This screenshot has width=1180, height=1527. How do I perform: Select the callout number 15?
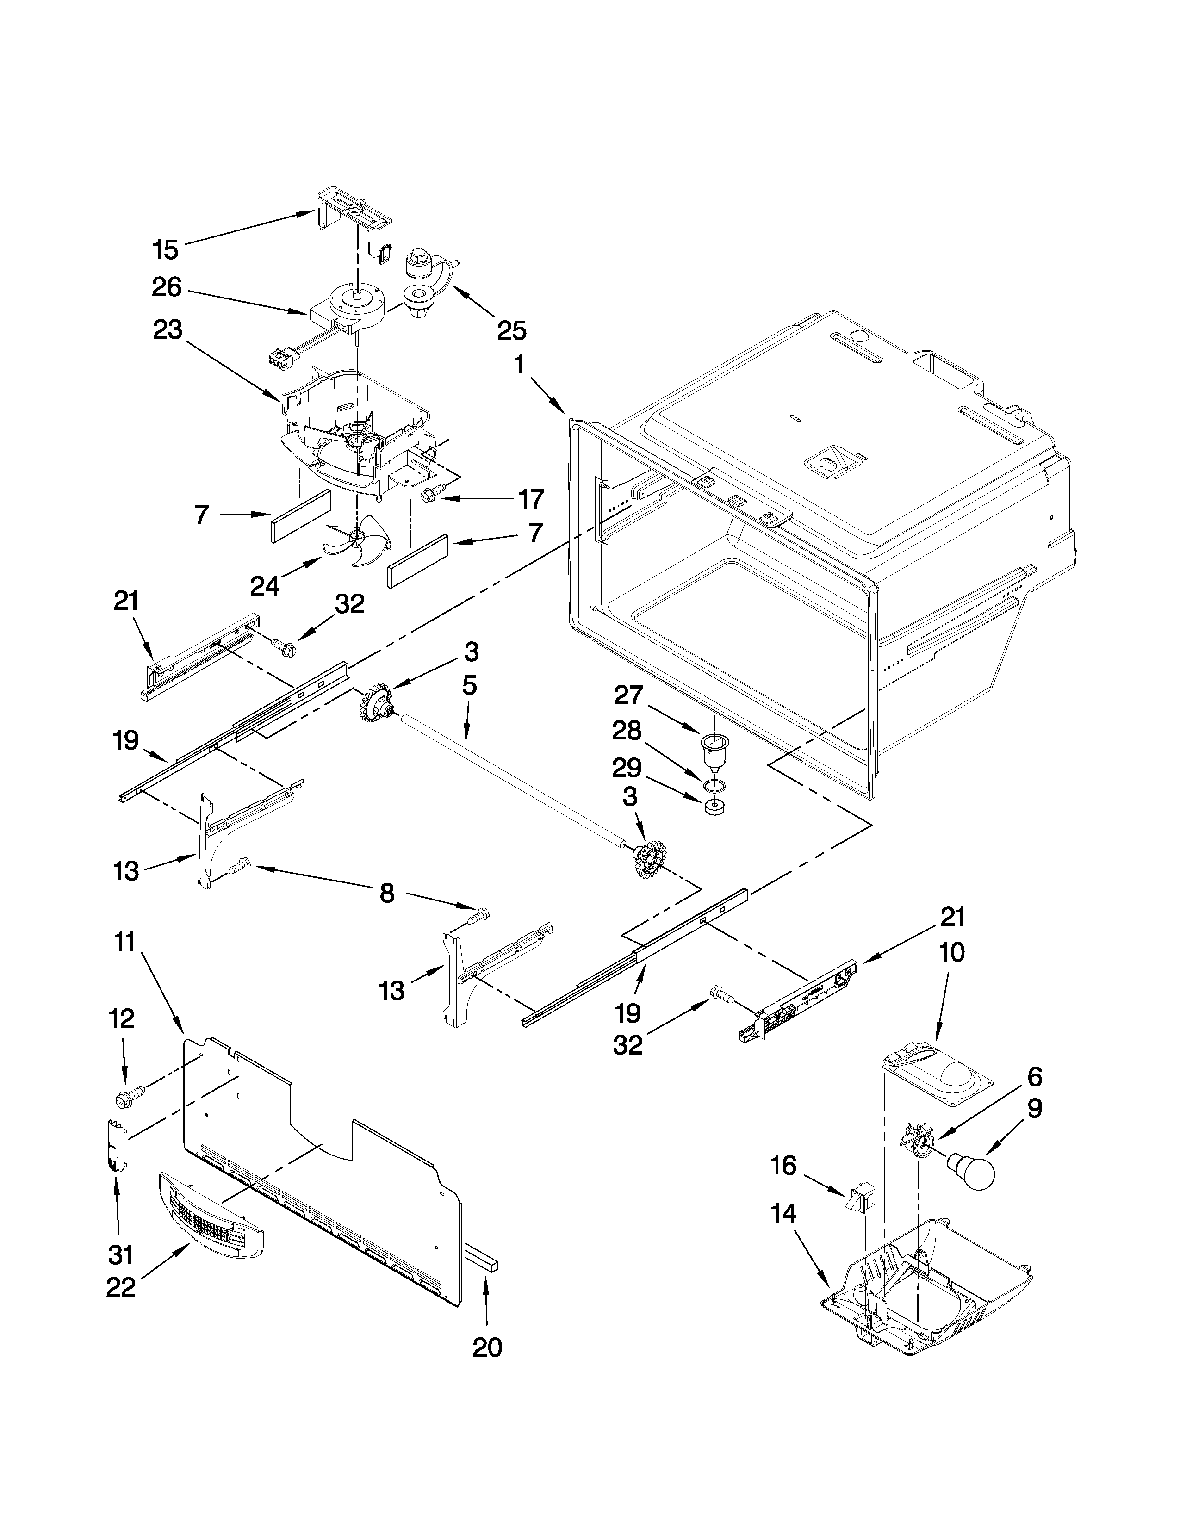(166, 249)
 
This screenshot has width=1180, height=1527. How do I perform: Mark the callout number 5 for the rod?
(469, 686)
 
